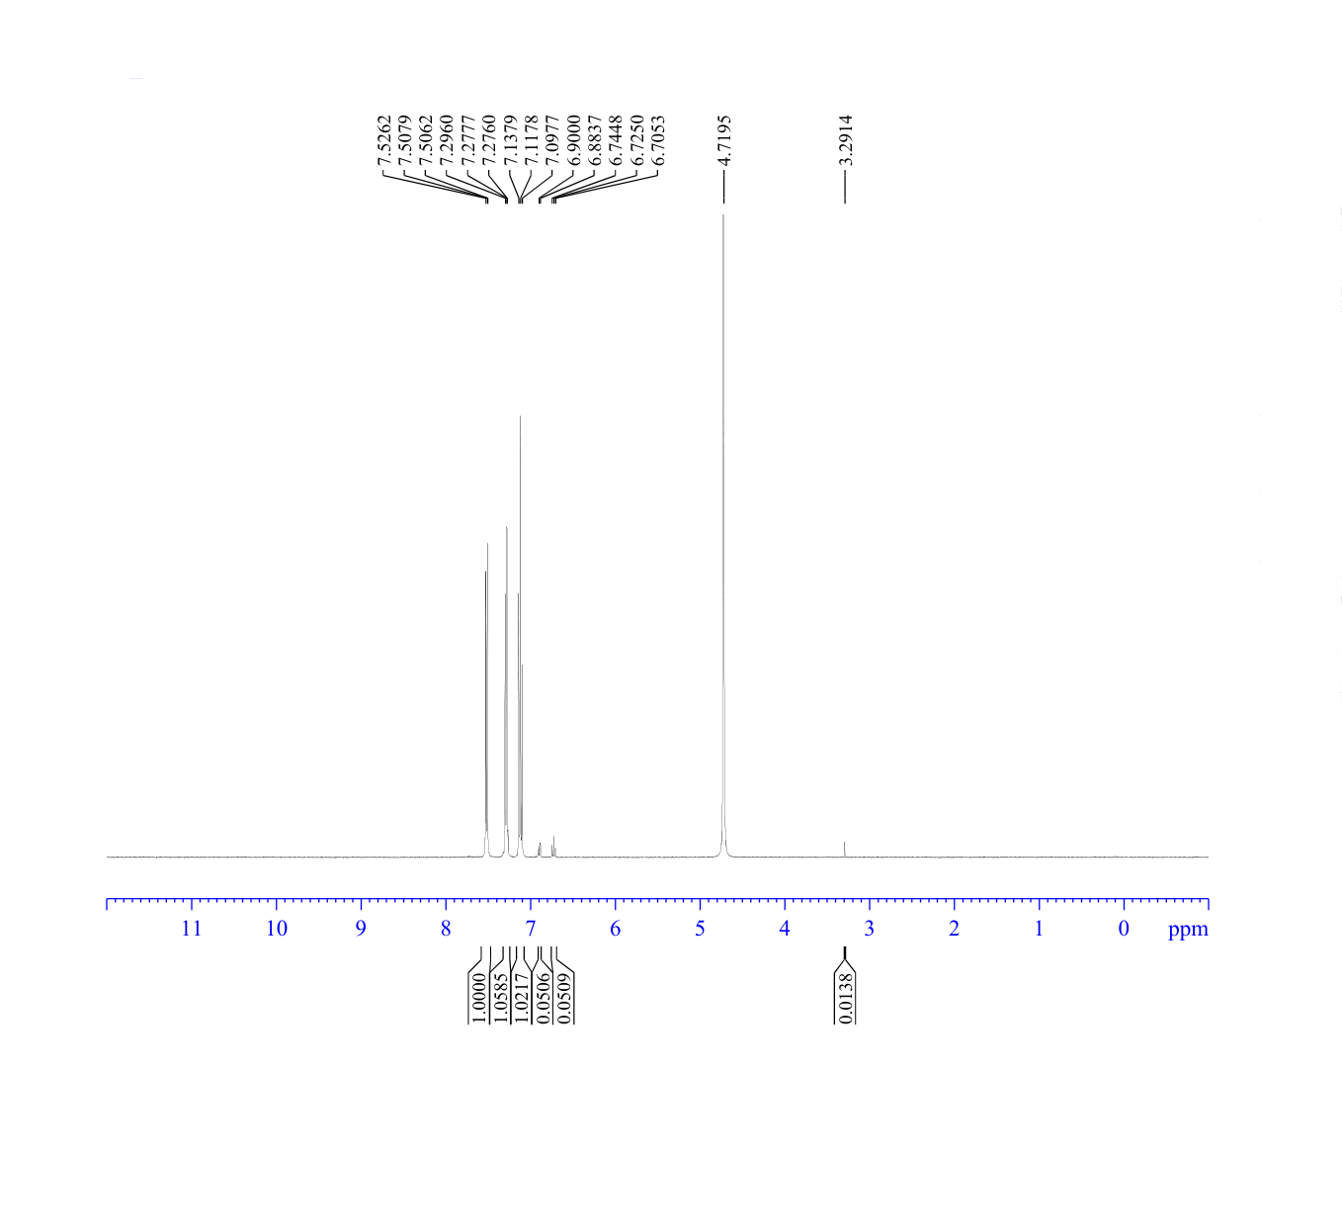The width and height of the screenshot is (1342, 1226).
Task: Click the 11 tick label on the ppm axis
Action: [192, 929]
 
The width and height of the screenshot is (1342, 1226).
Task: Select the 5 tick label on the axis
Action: [700, 929]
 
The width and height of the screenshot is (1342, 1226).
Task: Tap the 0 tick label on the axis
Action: [1124, 929]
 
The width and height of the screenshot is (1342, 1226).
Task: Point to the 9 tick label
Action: [362, 929]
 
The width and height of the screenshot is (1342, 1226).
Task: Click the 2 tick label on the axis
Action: [954, 929]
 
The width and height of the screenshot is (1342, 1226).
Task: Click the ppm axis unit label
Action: [1188, 931]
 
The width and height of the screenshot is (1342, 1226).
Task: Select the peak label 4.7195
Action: [723, 139]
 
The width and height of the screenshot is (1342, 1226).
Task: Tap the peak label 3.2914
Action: [846, 139]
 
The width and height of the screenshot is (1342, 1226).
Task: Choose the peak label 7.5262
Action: [384, 139]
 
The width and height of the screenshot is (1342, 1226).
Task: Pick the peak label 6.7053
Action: [658, 139]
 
